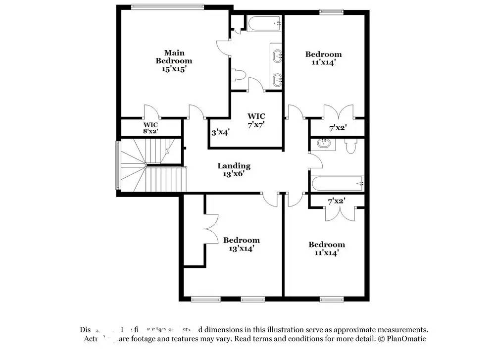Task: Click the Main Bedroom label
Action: pyautogui.click(x=174, y=56)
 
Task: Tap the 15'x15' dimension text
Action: pyautogui.click(x=174, y=69)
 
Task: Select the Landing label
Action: pyautogui.click(x=234, y=166)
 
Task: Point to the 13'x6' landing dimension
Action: pyautogui.click(x=234, y=174)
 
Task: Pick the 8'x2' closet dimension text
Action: pyautogui.click(x=150, y=131)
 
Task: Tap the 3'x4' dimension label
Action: pyautogui.click(x=220, y=132)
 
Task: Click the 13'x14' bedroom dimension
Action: pyautogui.click(x=241, y=249)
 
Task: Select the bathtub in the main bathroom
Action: pyautogui.click(x=264, y=23)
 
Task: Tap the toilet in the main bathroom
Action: pyautogui.click(x=239, y=75)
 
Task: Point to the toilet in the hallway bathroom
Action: pyautogui.click(x=351, y=146)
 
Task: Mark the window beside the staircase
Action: pyautogui.click(x=117, y=165)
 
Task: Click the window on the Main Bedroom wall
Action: pyautogui.click(x=167, y=6)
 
